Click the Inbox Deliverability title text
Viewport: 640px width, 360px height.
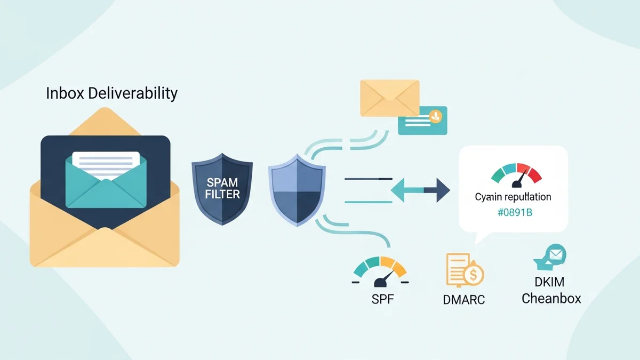[111, 94]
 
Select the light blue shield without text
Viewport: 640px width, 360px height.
[297, 189]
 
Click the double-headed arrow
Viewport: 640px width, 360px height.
[420, 189]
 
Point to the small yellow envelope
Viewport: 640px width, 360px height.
[389, 97]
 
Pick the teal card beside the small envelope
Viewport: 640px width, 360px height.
[422, 120]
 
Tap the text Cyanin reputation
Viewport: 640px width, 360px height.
[513, 197]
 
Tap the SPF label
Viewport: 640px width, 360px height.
[382, 299]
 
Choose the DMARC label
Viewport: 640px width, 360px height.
[463, 299]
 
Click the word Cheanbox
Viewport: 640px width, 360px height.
[551, 298]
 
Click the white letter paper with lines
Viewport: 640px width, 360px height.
[106, 161]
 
